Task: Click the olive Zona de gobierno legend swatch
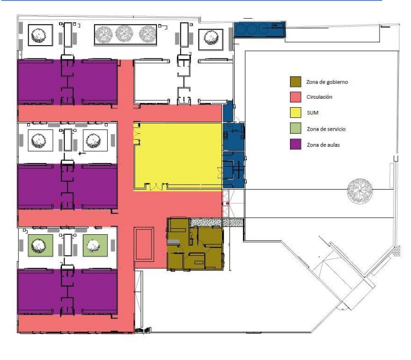coord(295,81)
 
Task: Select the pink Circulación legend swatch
coord(295,97)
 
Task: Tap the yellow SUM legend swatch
coord(295,113)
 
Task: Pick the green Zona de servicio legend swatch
coord(295,128)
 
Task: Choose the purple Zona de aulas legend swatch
coord(295,144)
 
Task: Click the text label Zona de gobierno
coord(327,82)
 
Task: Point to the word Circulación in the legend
coord(320,97)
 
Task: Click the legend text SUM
coord(313,113)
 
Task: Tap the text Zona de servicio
coord(326,129)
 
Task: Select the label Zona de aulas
coord(323,144)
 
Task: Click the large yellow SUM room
coord(178,157)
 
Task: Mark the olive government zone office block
coord(196,244)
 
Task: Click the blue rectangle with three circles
coord(259,29)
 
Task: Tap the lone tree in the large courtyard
coord(360,191)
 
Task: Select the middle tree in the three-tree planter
coord(124,34)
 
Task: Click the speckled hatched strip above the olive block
coord(217,222)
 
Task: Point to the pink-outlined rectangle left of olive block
coord(144,244)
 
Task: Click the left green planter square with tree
coord(40,246)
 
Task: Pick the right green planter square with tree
coord(95,246)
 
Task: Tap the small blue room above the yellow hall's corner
coord(228,111)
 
